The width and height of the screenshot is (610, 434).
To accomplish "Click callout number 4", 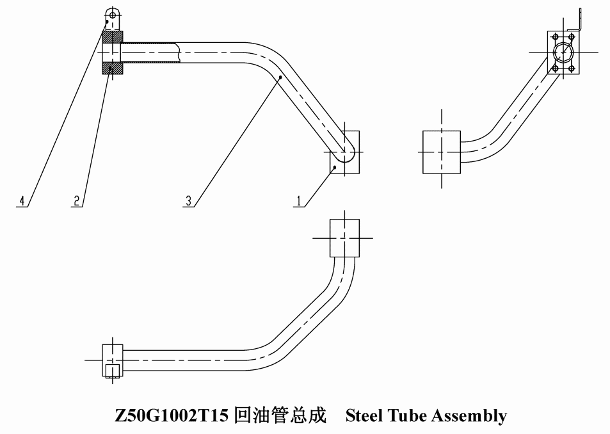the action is coord(22,201).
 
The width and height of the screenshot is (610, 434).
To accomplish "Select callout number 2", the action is coord(77,201).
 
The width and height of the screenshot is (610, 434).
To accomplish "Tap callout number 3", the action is coord(189,201).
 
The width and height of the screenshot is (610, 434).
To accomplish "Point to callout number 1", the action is coord(299,201).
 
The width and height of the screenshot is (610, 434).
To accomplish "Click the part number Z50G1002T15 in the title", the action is coord(172,415).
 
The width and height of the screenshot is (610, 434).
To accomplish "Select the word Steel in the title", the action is coord(364,415).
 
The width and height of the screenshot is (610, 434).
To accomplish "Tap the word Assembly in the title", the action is coord(470,416).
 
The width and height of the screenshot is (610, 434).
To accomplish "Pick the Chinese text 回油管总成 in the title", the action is coord(281,415).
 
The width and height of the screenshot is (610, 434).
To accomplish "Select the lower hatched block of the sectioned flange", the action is coord(113,68).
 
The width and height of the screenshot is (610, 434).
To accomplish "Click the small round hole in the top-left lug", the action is coord(113,15).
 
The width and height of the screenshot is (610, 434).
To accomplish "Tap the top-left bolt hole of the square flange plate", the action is coord(556,37).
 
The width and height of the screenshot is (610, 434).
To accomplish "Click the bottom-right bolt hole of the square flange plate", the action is coord(572,68).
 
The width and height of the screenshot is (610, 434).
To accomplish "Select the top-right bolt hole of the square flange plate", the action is coord(572,37).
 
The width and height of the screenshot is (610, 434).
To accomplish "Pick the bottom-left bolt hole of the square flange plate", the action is coord(556,68).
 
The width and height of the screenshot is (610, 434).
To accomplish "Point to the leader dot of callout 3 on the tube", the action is coord(280,77).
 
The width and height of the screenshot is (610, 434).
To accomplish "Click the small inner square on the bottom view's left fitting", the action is coord(112,370).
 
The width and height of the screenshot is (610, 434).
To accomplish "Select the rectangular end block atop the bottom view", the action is coord(344,238).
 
